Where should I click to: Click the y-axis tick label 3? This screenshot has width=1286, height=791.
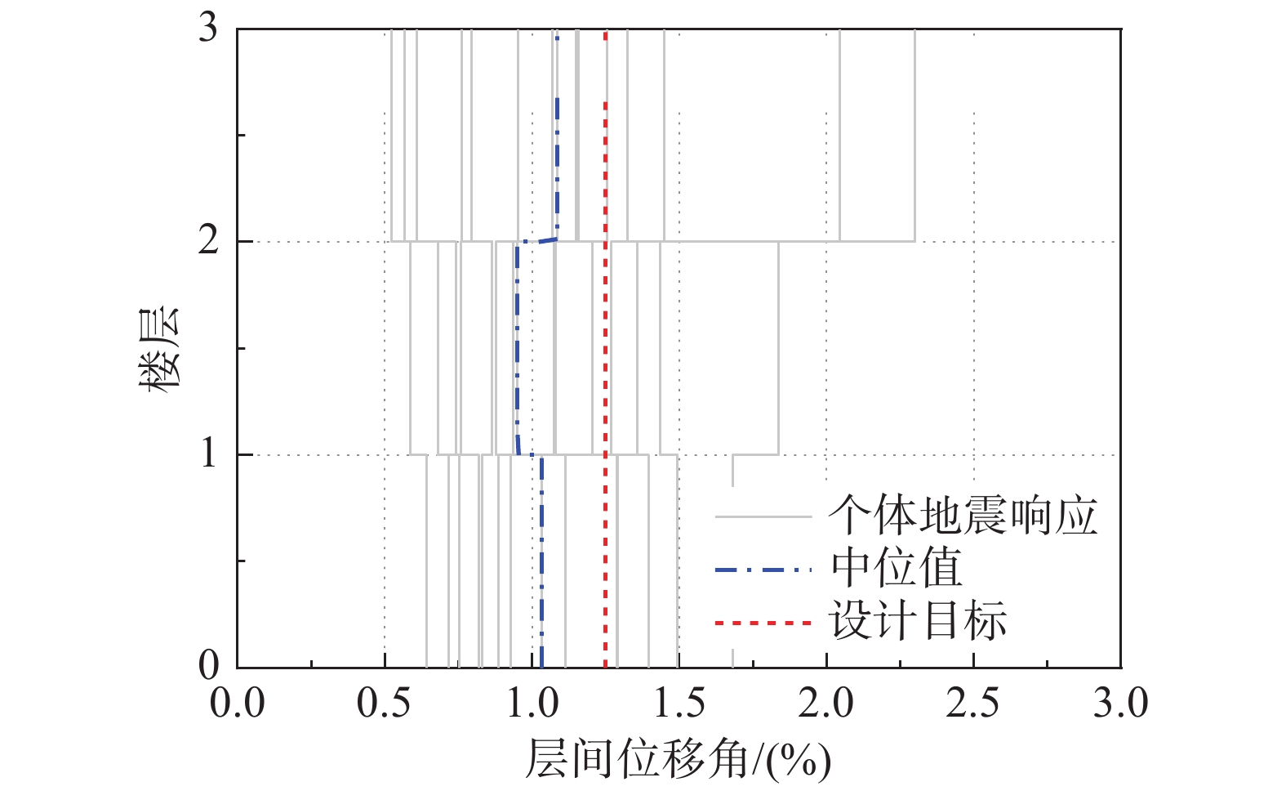[x=208, y=29]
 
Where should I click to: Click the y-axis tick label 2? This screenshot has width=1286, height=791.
[x=208, y=241]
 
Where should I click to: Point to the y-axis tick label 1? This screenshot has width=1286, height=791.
[x=208, y=454]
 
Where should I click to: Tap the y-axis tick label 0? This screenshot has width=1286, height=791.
[x=208, y=666]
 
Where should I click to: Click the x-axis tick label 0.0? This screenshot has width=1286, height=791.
[x=238, y=704]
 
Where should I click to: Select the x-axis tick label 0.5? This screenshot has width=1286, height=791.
[x=385, y=704]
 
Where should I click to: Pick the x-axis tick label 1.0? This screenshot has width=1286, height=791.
[x=532, y=704]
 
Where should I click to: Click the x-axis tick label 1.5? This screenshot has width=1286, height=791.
[x=679, y=704]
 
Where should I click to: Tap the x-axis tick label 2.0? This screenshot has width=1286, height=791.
[x=826, y=704]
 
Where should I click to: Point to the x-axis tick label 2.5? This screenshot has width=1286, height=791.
[x=973, y=704]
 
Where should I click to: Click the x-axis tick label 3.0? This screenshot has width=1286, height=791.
[x=1120, y=704]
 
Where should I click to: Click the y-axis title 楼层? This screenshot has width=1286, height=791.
[x=158, y=350]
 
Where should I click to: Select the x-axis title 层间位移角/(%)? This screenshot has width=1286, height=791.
[x=678, y=760]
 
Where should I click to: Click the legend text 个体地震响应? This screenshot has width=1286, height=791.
[x=963, y=516]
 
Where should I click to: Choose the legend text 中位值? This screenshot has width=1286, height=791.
[x=897, y=569]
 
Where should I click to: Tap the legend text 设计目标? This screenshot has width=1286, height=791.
[x=919, y=621]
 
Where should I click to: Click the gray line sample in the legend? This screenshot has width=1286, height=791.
[x=763, y=517]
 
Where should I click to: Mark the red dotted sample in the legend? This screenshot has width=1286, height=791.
[x=763, y=623]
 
